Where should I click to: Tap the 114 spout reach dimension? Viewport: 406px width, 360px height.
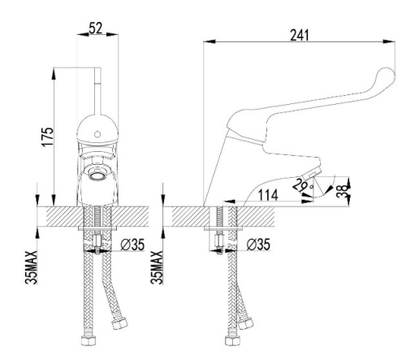coord(269,195)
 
